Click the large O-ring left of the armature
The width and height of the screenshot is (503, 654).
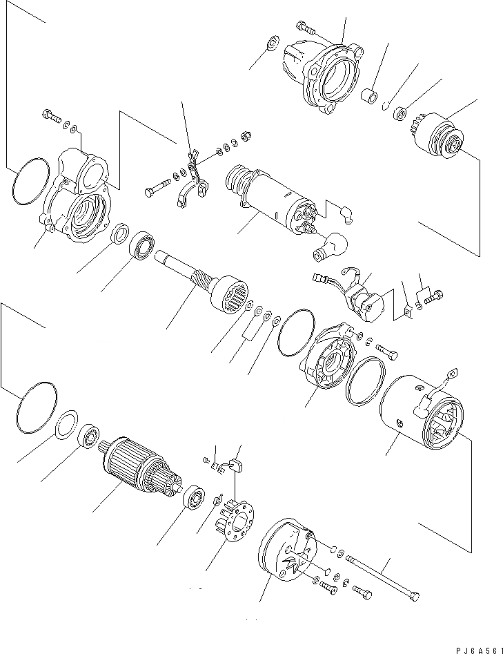35,409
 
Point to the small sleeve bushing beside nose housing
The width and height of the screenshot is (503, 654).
372,95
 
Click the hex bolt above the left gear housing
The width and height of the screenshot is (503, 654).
50,117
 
